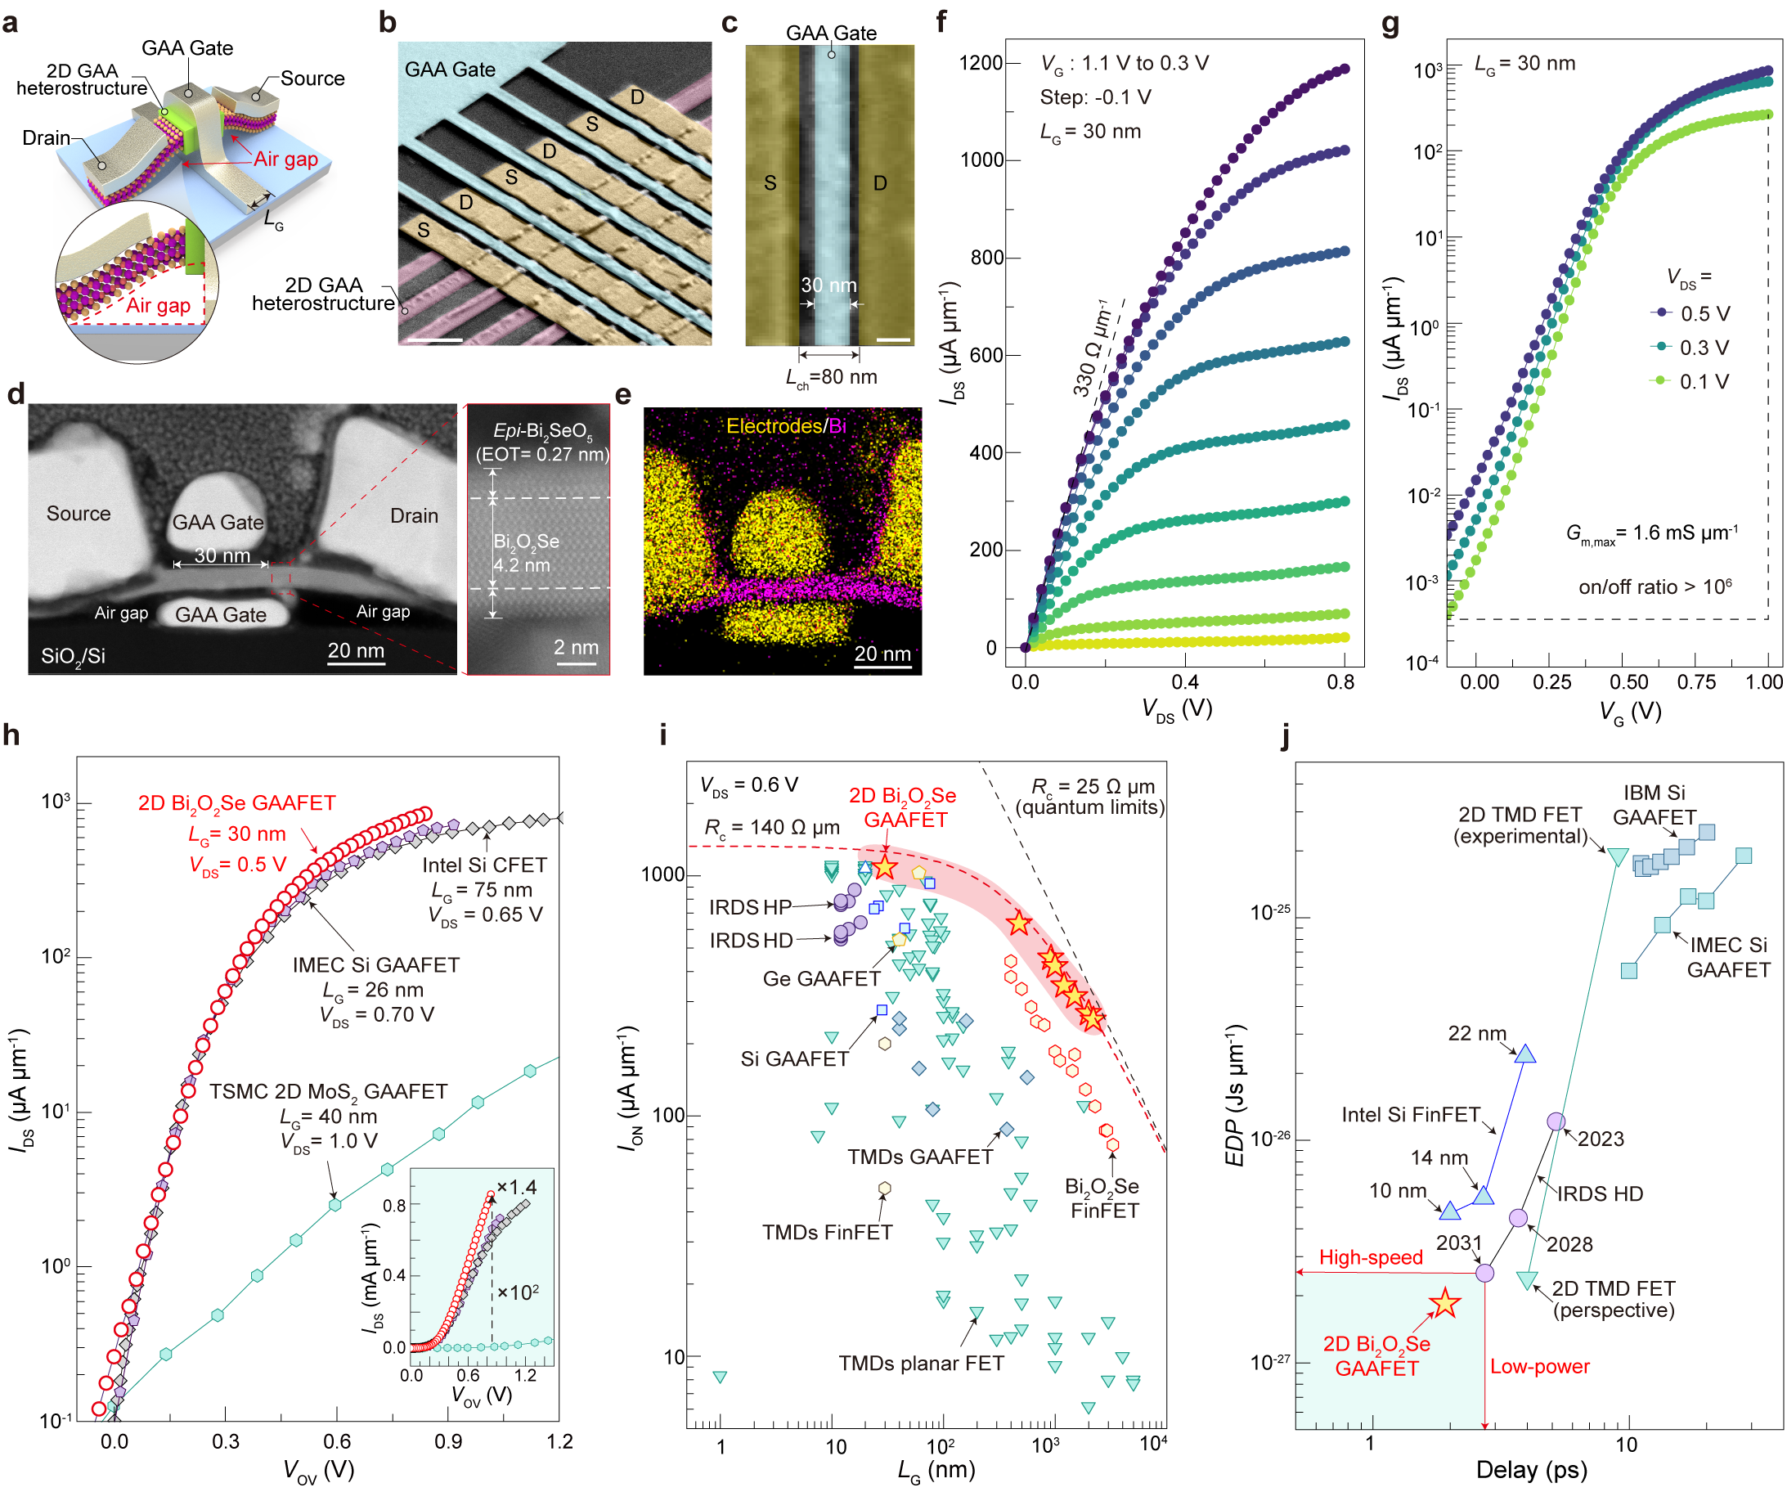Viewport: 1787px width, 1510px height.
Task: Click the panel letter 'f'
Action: tap(941, 21)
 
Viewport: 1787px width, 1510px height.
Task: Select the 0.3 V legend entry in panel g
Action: tap(1703, 348)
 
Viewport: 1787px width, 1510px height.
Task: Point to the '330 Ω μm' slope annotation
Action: tap(1092, 348)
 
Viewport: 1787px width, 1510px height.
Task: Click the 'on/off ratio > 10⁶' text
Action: tap(1655, 586)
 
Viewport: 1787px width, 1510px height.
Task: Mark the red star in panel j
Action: tap(1444, 1303)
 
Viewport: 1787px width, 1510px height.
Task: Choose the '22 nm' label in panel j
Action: tap(1476, 1033)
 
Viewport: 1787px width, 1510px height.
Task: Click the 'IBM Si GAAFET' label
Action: tap(1654, 805)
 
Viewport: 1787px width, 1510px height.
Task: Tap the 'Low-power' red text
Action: tap(1539, 1366)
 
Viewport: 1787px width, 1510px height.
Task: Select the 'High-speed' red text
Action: tap(1370, 1256)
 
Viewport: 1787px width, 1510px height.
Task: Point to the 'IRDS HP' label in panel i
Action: tap(750, 907)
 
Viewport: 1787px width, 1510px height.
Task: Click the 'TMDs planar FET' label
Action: tap(921, 1363)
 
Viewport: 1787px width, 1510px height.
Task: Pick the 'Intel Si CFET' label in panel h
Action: tap(483, 865)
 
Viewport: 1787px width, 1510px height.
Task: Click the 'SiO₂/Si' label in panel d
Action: tap(73, 656)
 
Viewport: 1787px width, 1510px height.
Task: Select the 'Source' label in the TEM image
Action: tap(78, 514)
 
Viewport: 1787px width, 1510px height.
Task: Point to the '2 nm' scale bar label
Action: tap(575, 647)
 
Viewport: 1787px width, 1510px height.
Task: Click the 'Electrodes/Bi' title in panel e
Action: tap(785, 425)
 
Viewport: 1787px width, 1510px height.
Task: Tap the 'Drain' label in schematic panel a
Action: tap(47, 137)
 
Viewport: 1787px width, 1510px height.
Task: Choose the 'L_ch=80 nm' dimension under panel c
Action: tap(831, 378)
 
